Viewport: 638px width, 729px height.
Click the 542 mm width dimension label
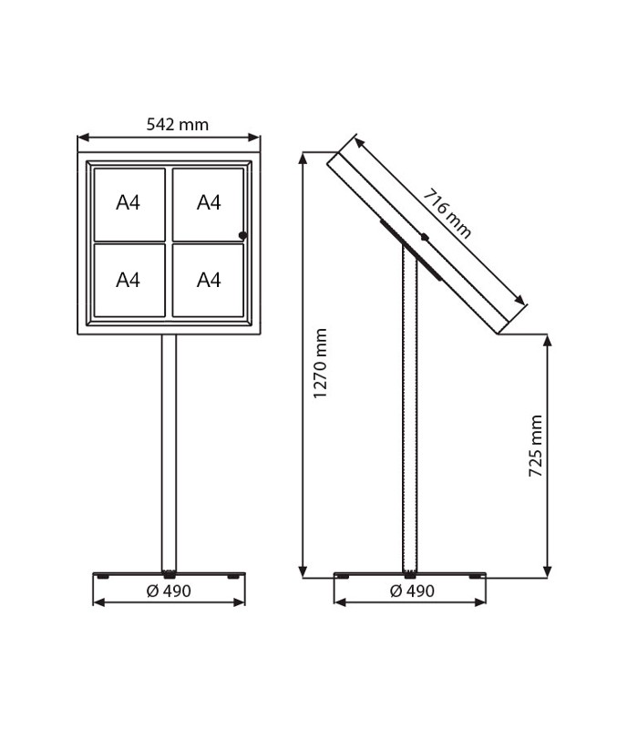(x=177, y=125)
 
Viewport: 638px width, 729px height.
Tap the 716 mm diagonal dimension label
(x=447, y=213)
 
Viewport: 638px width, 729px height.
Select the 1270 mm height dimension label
(x=320, y=363)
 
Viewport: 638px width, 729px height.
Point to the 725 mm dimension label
(x=536, y=446)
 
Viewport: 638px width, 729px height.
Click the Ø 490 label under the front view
(x=169, y=590)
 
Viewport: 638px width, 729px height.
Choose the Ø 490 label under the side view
(x=412, y=590)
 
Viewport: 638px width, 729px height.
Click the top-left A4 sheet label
(x=128, y=202)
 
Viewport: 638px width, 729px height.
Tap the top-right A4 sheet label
(x=209, y=202)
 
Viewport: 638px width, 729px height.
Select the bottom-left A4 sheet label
(x=128, y=281)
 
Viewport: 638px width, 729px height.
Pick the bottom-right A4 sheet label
(x=209, y=281)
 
